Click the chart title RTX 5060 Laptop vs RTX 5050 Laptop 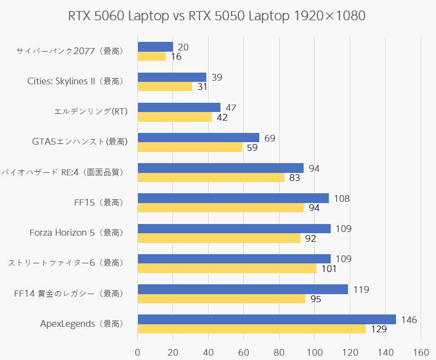217,15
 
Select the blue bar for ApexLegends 266,319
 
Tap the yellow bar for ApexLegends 251,329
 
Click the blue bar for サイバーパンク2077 155,47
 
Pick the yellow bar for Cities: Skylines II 164,87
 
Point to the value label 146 409,319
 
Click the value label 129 379,330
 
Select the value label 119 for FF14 360,289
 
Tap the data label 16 176,57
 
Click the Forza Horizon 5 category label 77,233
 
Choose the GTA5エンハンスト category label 79,142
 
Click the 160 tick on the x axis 421,352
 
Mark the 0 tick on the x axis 137,352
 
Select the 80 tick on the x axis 279,352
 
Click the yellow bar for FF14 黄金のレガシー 221,299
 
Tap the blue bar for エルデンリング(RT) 179,107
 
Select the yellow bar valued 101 227,269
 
